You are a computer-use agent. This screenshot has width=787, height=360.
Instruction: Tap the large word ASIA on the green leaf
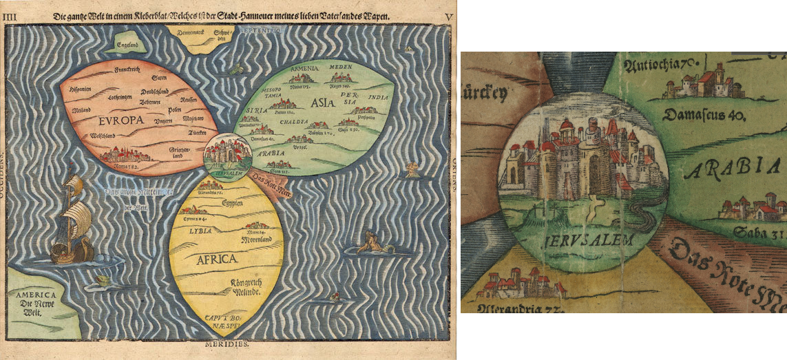click(319, 103)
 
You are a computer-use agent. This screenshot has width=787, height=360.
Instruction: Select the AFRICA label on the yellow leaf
click(218, 259)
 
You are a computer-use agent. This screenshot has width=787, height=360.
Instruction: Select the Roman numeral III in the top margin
click(9, 15)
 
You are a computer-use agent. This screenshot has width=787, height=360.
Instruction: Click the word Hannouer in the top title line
click(297, 15)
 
